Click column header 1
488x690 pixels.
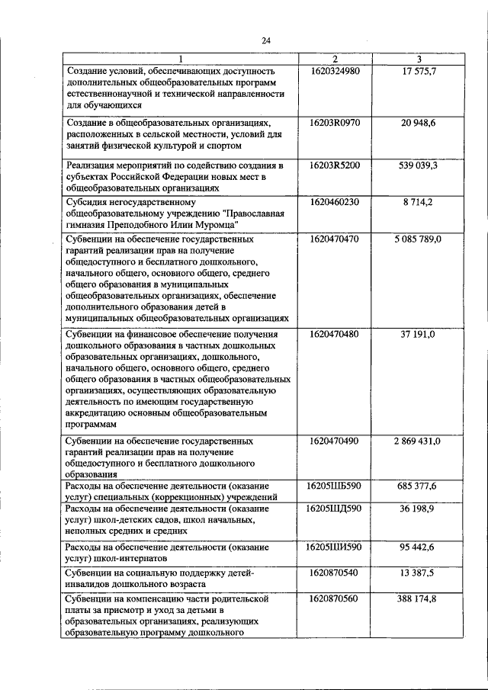tap(181, 59)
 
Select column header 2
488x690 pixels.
tap(335, 59)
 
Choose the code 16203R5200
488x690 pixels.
tap(335, 165)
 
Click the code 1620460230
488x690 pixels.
tap(335, 202)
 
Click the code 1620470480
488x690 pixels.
tap(335, 334)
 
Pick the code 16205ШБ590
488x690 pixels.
tap(335, 485)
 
